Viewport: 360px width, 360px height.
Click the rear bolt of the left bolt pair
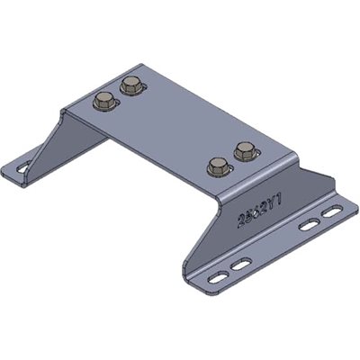tap(129, 87)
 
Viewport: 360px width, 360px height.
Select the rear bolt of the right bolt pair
tap(243, 149)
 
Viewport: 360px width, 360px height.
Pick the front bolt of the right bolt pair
tap(217, 165)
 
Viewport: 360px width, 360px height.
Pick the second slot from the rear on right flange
tap(309, 224)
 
